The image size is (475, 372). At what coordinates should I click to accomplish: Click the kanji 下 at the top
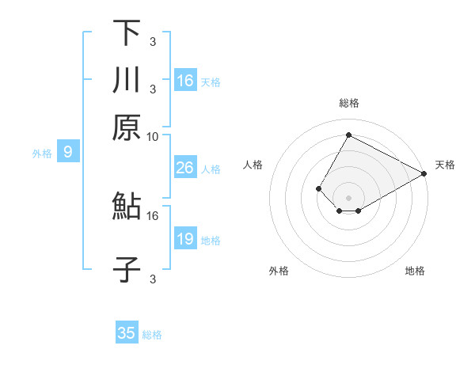(127, 33)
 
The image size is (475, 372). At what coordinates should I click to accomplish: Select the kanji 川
(127, 80)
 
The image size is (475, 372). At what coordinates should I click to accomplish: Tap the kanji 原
(127, 127)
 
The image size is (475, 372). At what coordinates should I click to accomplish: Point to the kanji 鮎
(127, 207)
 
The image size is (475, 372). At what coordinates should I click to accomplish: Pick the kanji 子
(127, 269)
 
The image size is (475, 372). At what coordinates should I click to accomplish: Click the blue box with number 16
(185, 81)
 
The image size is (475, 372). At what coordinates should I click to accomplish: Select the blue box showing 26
(185, 168)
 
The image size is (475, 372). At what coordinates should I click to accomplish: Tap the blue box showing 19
(185, 239)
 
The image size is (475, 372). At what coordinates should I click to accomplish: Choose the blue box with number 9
(68, 153)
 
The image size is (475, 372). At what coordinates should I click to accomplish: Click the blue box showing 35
(127, 333)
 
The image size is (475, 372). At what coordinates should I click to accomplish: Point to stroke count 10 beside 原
(153, 136)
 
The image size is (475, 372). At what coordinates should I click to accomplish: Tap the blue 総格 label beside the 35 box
(152, 335)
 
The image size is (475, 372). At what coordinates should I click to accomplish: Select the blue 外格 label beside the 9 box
(42, 154)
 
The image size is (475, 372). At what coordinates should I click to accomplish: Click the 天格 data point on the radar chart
(424, 173)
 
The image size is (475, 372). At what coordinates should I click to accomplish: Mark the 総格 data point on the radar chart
(348, 135)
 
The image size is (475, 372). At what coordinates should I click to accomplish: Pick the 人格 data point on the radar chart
(318, 188)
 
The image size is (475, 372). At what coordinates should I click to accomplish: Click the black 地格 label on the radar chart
(415, 271)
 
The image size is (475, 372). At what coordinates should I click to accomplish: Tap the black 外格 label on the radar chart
(279, 271)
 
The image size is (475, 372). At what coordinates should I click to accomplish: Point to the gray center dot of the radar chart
(348, 198)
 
